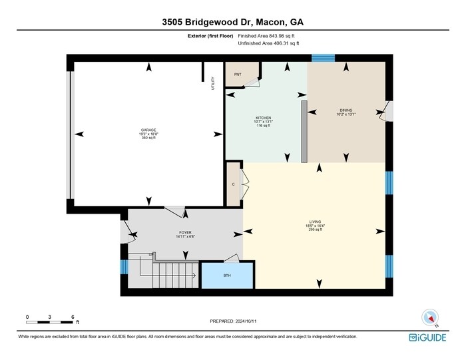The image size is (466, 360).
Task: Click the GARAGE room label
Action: pos(148,130)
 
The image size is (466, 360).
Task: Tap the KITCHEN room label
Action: pos(264,118)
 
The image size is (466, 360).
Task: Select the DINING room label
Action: pos(346,110)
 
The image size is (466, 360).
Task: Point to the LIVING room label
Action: pos(315,222)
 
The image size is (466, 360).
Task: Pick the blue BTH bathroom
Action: pos(227,275)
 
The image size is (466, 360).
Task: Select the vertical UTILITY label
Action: pos(213,83)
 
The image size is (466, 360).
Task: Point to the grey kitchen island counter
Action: pos(304,131)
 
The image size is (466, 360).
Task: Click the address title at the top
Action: pos(233,22)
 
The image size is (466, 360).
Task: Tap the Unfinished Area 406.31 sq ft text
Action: pos(268,43)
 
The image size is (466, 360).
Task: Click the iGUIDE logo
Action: pos(428,338)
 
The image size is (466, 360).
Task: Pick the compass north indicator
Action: pos(429,317)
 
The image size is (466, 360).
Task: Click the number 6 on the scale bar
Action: pos(73,316)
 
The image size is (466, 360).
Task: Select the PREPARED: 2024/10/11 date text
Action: pos(233,321)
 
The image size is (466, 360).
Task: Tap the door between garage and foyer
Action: pos(175,211)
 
